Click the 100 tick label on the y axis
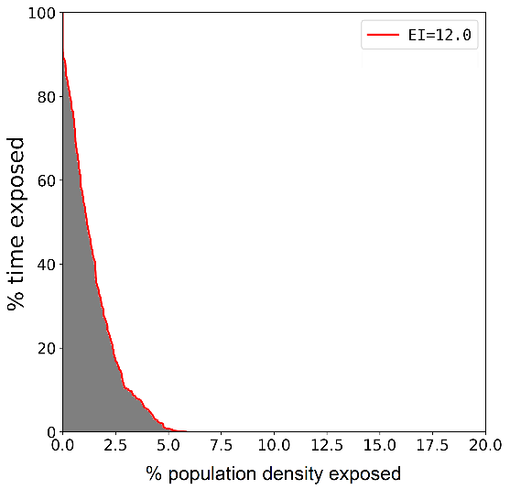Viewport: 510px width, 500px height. pyautogui.click(x=40, y=13)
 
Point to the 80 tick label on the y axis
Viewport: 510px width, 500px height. pyautogui.click(x=44, y=96)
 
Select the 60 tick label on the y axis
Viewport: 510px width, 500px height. pyautogui.click(x=44, y=180)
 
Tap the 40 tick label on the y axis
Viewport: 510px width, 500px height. pyautogui.click(x=44, y=264)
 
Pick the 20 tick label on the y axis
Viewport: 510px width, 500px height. pyautogui.click(x=44, y=348)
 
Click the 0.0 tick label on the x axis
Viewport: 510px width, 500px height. pyautogui.click(x=62, y=446)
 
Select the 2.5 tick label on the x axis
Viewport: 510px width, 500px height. pyautogui.click(x=115, y=446)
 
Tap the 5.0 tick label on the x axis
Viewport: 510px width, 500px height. pyautogui.click(x=168, y=446)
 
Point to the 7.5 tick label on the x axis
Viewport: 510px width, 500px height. pyautogui.click(x=221, y=446)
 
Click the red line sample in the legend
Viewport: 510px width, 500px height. pyautogui.click(x=381, y=37)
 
